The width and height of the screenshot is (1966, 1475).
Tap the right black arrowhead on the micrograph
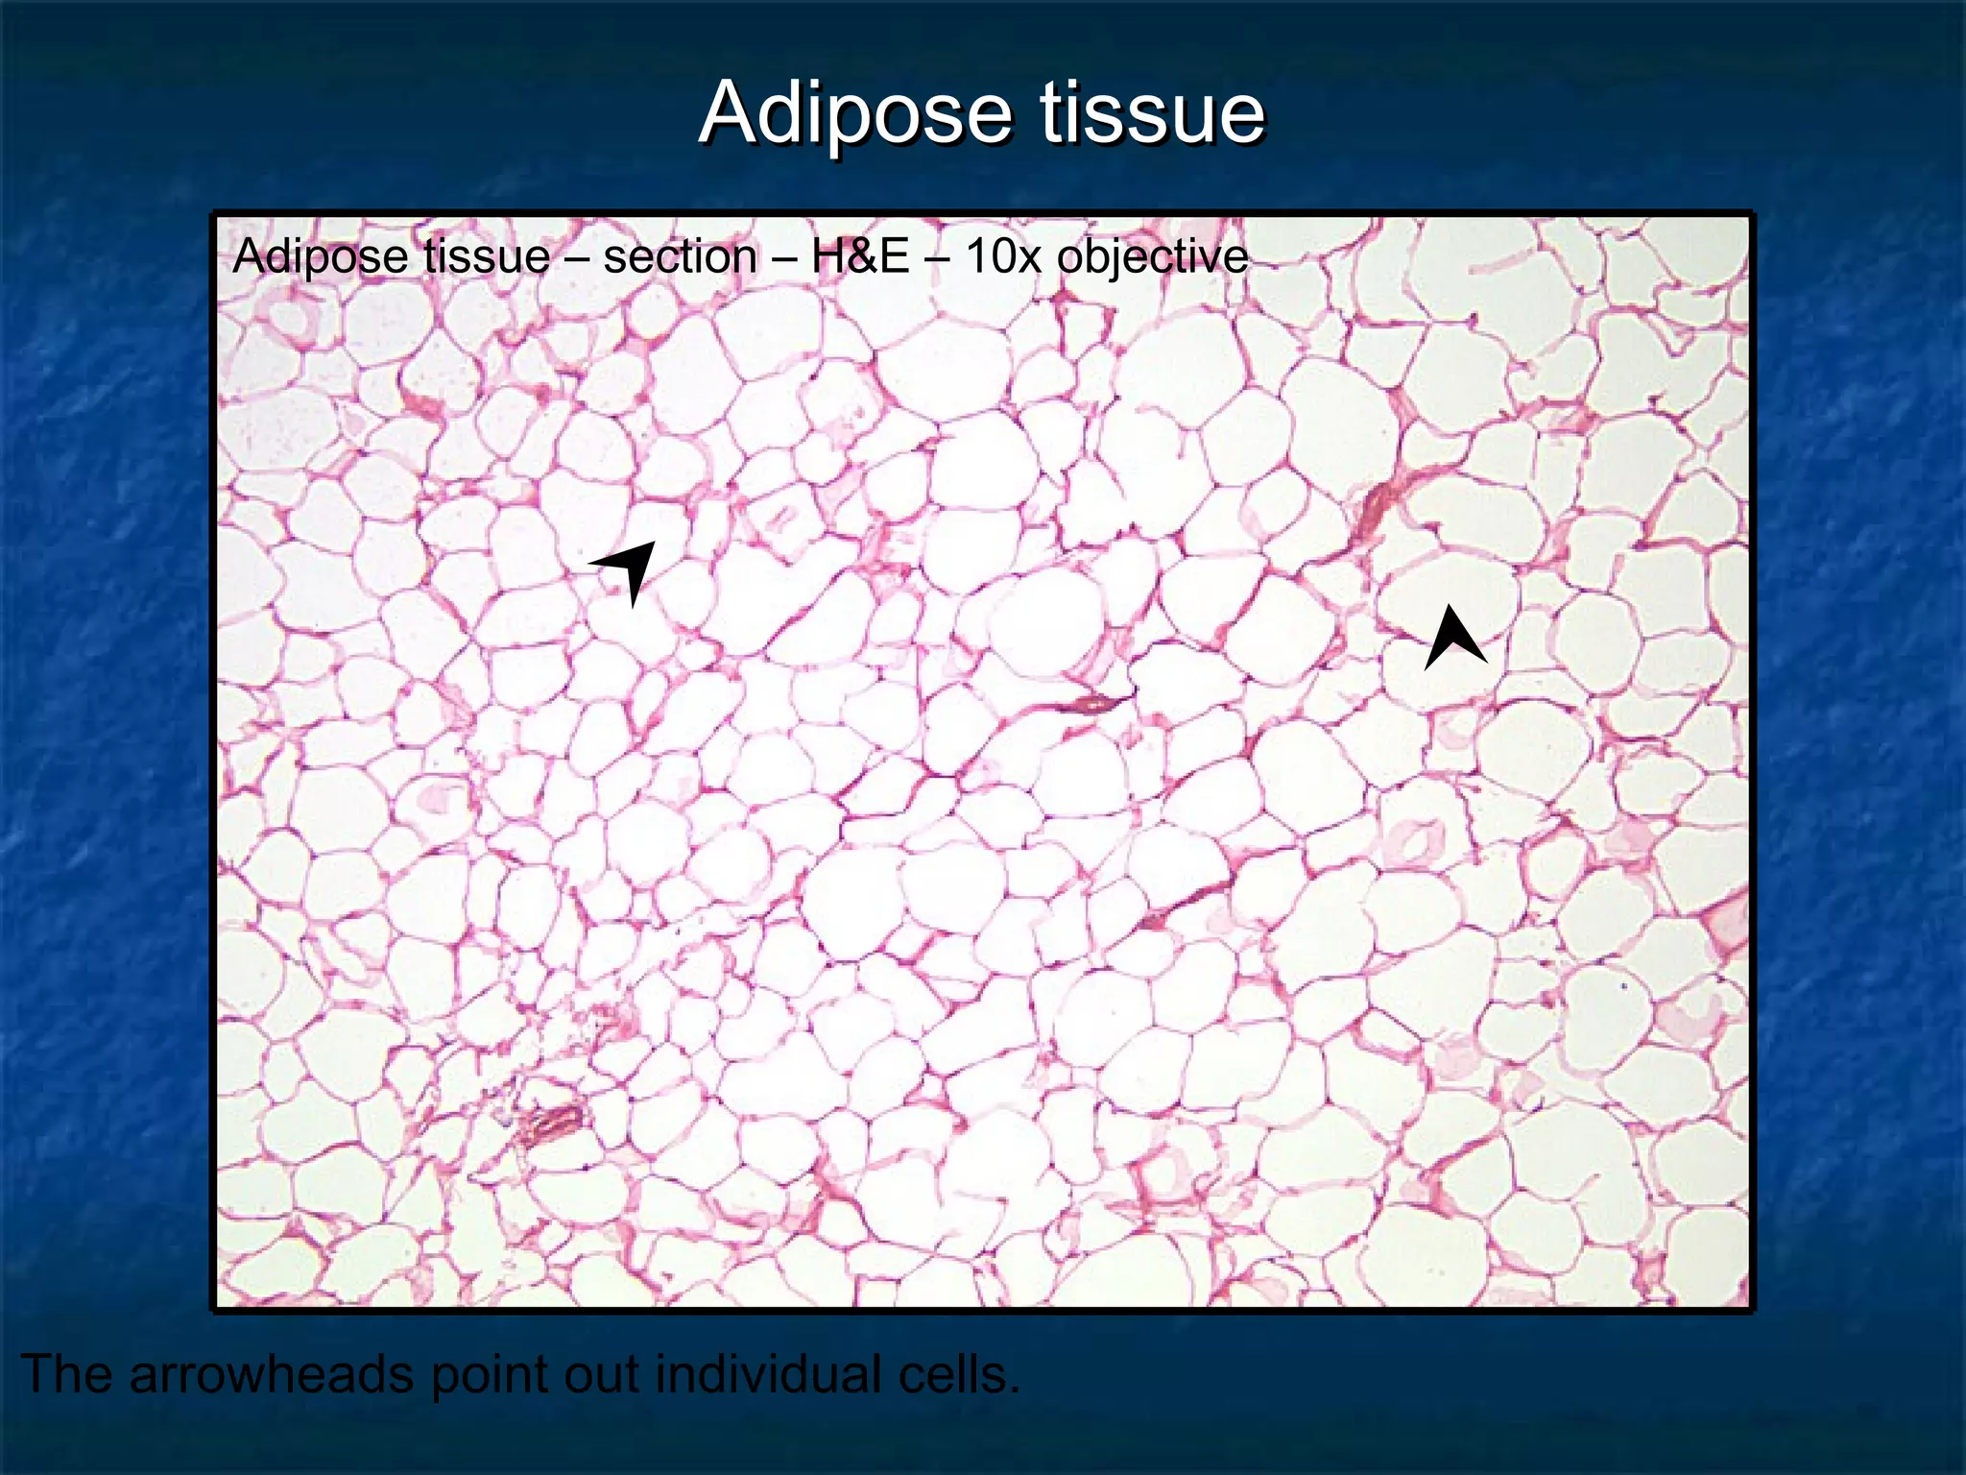(1454, 637)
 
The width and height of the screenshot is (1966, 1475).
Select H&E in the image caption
(860, 257)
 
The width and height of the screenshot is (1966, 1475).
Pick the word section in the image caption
(680, 257)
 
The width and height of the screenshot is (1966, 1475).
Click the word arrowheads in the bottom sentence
(273, 1374)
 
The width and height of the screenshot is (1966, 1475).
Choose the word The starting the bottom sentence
(67, 1374)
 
